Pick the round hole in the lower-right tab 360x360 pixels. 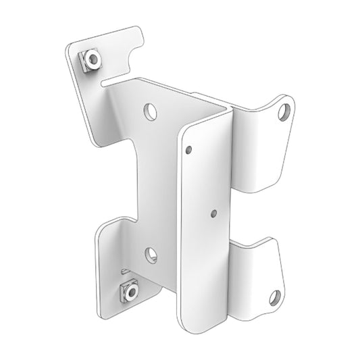[275, 296]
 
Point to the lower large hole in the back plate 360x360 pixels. [151, 255]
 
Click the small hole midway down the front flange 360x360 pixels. [213, 213]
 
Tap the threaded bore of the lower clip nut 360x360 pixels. [128, 291]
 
